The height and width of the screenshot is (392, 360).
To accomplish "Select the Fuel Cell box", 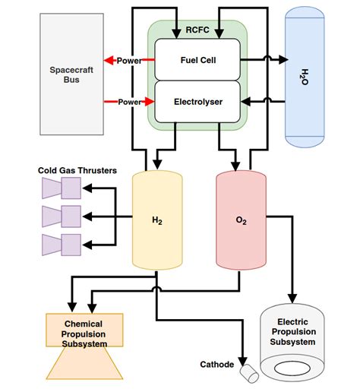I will [197, 60].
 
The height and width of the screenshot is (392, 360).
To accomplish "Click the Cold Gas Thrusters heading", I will [77, 171].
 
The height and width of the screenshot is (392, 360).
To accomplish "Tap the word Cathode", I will [216, 365].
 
